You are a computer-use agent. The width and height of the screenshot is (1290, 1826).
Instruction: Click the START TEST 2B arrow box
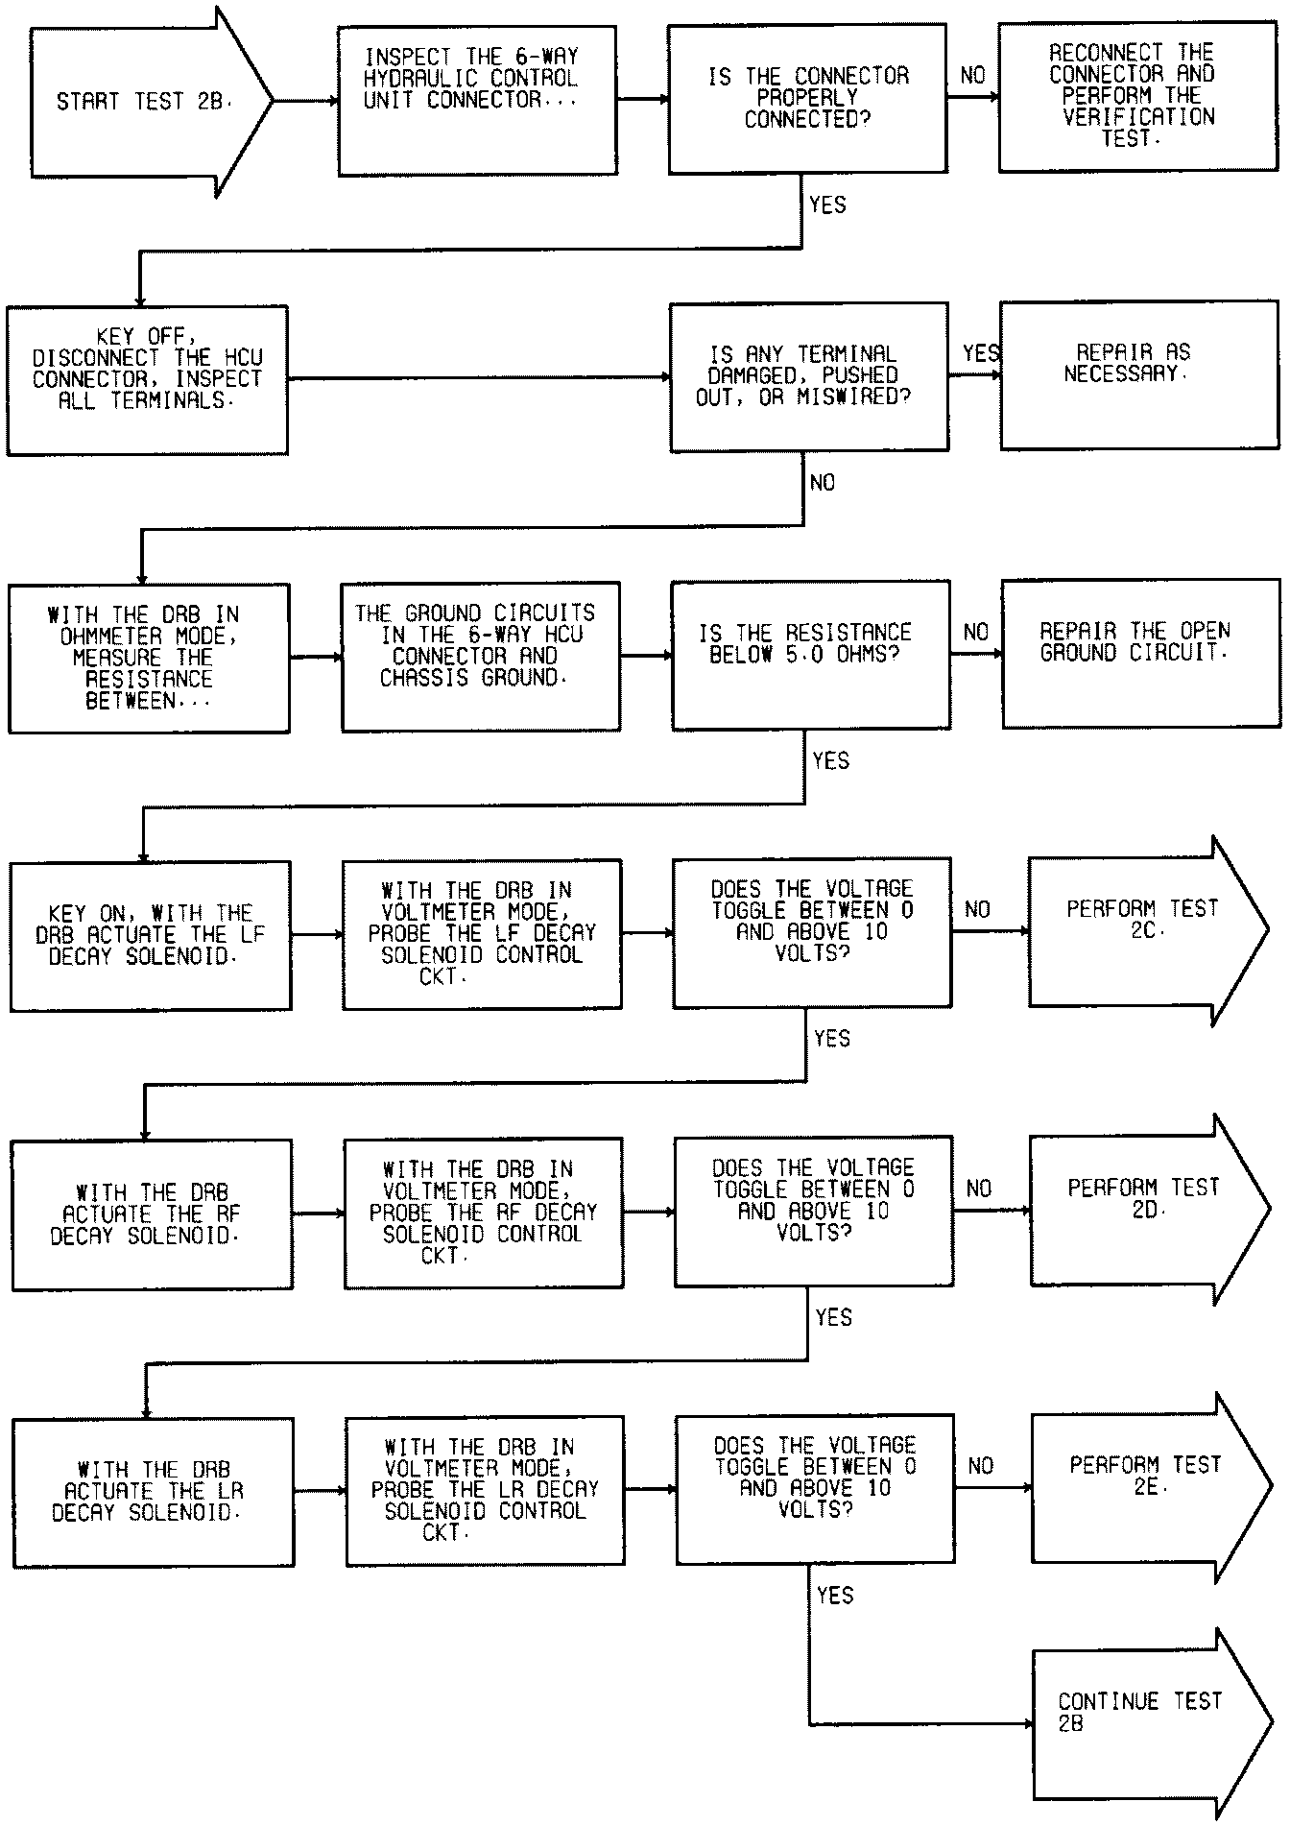tap(144, 102)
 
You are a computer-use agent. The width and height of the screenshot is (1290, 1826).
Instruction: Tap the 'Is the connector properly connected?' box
tap(807, 98)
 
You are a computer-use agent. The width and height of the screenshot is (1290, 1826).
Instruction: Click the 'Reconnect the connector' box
tap(1134, 96)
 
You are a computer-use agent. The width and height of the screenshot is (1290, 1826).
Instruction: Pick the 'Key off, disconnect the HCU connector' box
tap(147, 379)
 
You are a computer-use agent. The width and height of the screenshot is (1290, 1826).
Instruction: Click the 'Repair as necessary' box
tap(1138, 374)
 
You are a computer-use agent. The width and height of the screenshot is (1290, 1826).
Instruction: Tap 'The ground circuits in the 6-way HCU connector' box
tap(480, 656)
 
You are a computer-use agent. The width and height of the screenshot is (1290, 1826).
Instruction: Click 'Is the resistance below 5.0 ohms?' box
tap(810, 655)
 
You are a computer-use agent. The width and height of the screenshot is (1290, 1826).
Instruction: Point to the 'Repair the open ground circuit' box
tap(1140, 653)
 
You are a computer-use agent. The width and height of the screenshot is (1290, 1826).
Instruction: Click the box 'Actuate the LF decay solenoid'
tap(151, 935)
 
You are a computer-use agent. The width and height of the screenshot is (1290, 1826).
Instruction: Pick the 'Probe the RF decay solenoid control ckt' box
tap(483, 1212)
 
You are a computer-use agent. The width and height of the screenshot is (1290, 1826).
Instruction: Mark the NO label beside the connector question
tap(972, 76)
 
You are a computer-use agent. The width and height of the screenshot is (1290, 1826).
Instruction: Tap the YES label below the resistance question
tap(830, 761)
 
